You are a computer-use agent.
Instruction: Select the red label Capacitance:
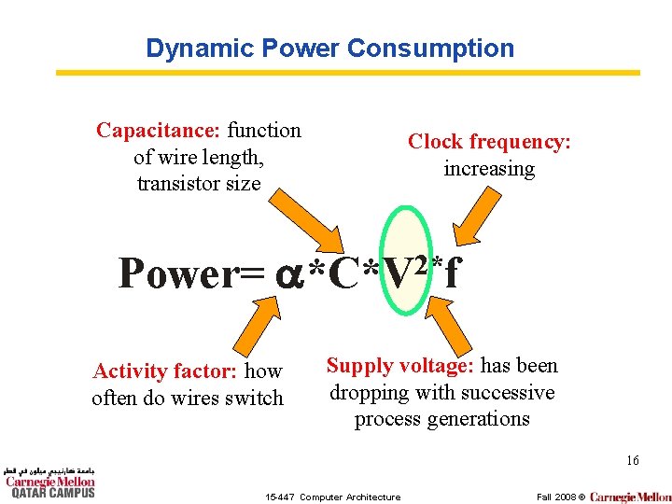tap(158, 131)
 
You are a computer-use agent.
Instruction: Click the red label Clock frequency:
tap(489, 142)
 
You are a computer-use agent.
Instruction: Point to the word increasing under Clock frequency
tap(489, 169)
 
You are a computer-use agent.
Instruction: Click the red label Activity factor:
tap(165, 371)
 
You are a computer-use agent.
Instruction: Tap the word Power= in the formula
tap(192, 273)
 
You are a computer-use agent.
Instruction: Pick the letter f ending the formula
tap(452, 273)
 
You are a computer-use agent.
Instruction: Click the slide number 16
tap(632, 460)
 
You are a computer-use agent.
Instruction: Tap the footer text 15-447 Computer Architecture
tap(332, 497)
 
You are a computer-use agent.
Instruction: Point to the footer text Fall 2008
tap(555, 497)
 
